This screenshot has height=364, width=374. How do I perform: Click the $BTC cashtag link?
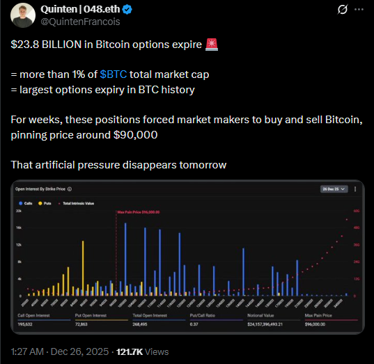(113, 73)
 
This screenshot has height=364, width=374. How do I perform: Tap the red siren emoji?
(212, 45)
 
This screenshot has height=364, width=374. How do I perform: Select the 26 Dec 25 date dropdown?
(331, 189)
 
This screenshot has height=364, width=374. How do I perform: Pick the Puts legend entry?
(47, 203)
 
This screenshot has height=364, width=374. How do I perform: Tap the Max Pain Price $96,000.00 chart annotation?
(138, 212)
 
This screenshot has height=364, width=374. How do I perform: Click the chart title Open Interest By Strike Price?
(41, 189)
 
